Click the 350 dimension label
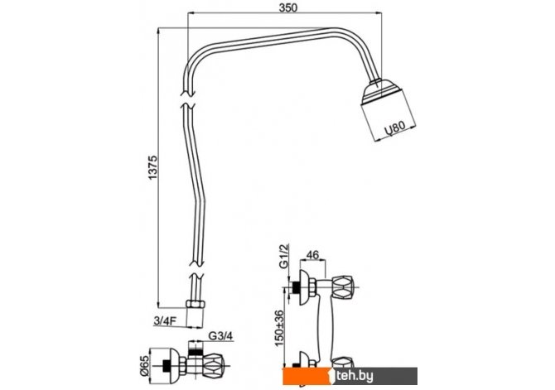point(287,7)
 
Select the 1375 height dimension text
point(152,167)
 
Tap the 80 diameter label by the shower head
point(394,129)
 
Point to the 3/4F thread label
point(166,320)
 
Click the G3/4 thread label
point(220,335)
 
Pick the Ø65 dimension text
point(144,366)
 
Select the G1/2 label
point(284,256)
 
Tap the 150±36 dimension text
point(279,329)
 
